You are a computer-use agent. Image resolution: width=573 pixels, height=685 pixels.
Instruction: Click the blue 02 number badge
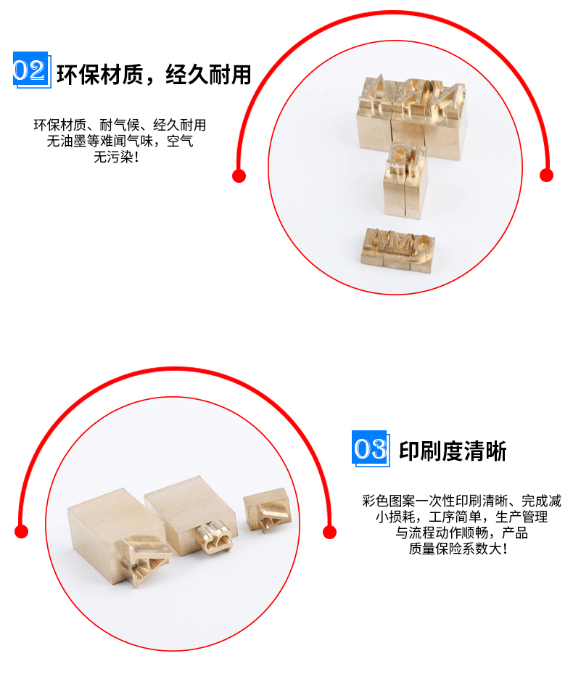point(30,70)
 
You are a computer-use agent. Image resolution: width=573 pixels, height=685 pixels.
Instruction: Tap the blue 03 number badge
point(370,449)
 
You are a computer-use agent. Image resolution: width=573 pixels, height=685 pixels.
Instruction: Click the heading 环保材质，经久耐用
point(154,74)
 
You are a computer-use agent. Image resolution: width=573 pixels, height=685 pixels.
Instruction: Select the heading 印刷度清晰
point(453,451)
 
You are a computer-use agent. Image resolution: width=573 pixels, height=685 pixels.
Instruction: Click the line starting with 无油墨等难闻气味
point(120,141)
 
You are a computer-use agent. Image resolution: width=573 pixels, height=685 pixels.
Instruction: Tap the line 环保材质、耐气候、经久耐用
point(120,125)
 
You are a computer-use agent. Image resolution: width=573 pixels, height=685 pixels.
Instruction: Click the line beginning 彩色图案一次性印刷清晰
point(461,501)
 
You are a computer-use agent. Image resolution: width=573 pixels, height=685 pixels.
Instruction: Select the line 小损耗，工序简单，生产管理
point(461,517)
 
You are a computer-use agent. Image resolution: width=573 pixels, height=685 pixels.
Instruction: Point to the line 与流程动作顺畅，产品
point(461,533)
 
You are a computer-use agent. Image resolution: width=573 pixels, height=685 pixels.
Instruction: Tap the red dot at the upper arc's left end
point(239,175)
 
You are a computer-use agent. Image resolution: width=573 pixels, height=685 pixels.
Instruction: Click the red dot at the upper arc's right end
point(547,175)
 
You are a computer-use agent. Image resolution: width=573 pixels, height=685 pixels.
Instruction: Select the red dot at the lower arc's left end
point(22,532)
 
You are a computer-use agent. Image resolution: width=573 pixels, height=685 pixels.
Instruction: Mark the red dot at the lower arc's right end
point(330,532)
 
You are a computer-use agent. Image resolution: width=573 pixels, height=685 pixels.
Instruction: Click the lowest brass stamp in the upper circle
point(397,250)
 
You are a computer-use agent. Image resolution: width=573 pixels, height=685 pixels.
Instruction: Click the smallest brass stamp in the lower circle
point(265,511)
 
